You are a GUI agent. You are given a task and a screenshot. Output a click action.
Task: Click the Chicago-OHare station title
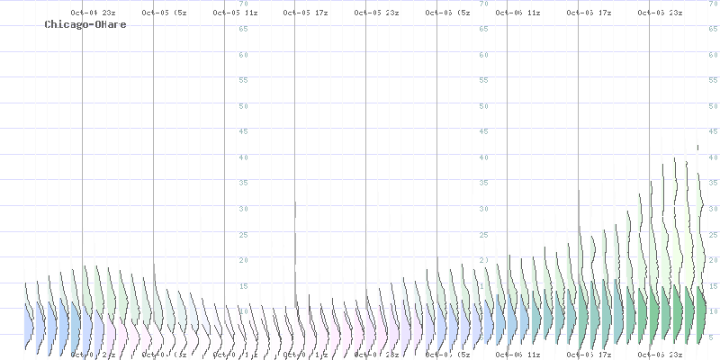[85, 24]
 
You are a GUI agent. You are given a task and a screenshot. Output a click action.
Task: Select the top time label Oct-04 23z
[93, 13]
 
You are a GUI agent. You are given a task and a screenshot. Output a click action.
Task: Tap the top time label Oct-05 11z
[235, 13]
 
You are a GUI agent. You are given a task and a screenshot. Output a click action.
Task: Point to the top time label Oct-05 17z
[305, 13]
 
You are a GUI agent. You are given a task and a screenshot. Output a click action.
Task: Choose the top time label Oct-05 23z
[376, 13]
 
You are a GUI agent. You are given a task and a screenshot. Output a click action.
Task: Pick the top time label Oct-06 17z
[589, 13]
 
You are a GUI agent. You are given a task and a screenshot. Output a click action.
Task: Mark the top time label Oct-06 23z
[660, 13]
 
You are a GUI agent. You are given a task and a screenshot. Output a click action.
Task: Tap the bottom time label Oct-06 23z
[660, 355]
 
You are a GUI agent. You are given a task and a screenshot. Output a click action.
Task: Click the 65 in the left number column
[243, 29]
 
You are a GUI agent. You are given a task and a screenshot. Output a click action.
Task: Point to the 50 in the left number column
[243, 106]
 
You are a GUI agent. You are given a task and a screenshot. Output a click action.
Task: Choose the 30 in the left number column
[243, 209]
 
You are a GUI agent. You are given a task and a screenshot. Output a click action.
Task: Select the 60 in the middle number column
[485, 55]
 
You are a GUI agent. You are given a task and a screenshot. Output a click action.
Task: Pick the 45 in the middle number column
[485, 131]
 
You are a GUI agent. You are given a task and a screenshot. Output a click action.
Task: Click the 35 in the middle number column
[485, 183]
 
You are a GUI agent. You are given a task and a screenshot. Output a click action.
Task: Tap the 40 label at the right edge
[712, 157]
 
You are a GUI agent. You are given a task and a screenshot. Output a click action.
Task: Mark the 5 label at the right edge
[712, 337]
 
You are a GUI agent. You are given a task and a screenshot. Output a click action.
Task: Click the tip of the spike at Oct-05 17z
[295, 202]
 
